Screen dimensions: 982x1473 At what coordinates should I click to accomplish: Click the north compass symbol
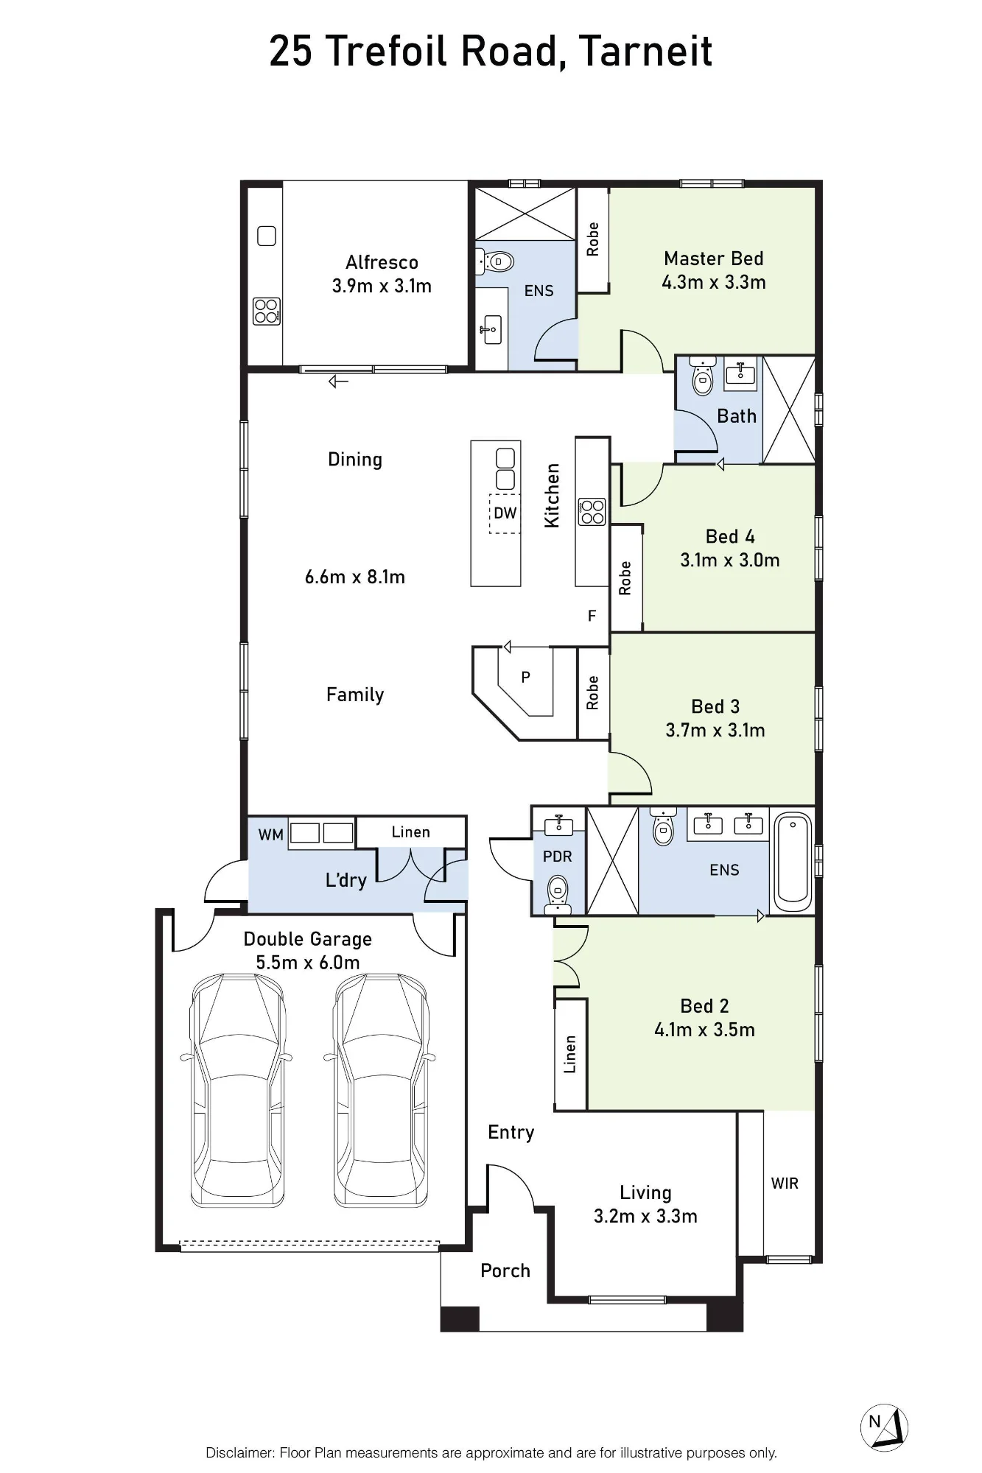tap(884, 1427)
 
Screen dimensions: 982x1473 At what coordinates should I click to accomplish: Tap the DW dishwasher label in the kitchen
tap(505, 513)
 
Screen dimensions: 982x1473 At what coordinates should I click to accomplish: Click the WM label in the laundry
tap(270, 834)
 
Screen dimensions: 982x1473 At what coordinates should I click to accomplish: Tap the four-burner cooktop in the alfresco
tap(266, 312)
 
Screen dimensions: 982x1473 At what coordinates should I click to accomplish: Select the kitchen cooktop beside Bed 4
tap(592, 511)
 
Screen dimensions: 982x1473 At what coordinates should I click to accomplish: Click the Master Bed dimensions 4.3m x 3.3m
tap(714, 282)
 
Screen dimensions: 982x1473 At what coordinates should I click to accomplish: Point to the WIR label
tap(785, 1183)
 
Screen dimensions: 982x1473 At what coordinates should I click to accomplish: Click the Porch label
tap(505, 1270)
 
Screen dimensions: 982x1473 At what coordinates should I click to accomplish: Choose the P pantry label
tap(525, 677)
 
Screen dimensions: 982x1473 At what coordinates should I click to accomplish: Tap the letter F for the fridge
tap(592, 616)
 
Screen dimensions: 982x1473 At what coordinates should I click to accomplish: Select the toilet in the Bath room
tap(703, 377)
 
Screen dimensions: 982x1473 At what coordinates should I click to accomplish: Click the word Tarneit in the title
tap(645, 51)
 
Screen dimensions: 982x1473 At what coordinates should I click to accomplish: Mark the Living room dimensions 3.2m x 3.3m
tap(645, 1216)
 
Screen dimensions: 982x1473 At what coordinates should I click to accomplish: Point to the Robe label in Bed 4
tap(625, 578)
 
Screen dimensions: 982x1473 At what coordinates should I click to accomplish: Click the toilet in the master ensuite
tap(495, 261)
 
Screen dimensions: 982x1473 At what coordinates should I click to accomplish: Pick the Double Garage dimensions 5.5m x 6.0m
tap(308, 963)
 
